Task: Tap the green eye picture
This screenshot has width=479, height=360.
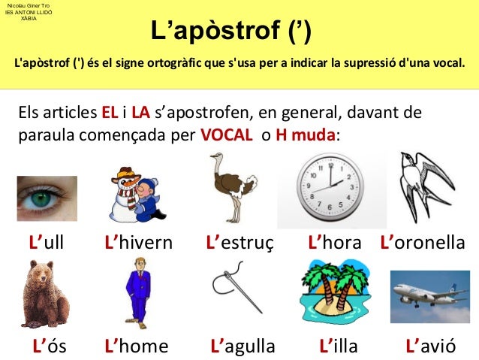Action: point(47,198)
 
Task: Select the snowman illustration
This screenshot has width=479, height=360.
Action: point(134,193)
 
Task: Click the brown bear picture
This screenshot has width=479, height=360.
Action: point(47,293)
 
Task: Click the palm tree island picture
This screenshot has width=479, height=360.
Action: point(334,292)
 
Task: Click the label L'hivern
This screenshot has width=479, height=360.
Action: point(138,243)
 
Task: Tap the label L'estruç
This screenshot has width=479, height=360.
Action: point(239,243)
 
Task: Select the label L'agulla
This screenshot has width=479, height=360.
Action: point(243,346)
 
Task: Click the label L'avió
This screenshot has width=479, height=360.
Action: point(430,346)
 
